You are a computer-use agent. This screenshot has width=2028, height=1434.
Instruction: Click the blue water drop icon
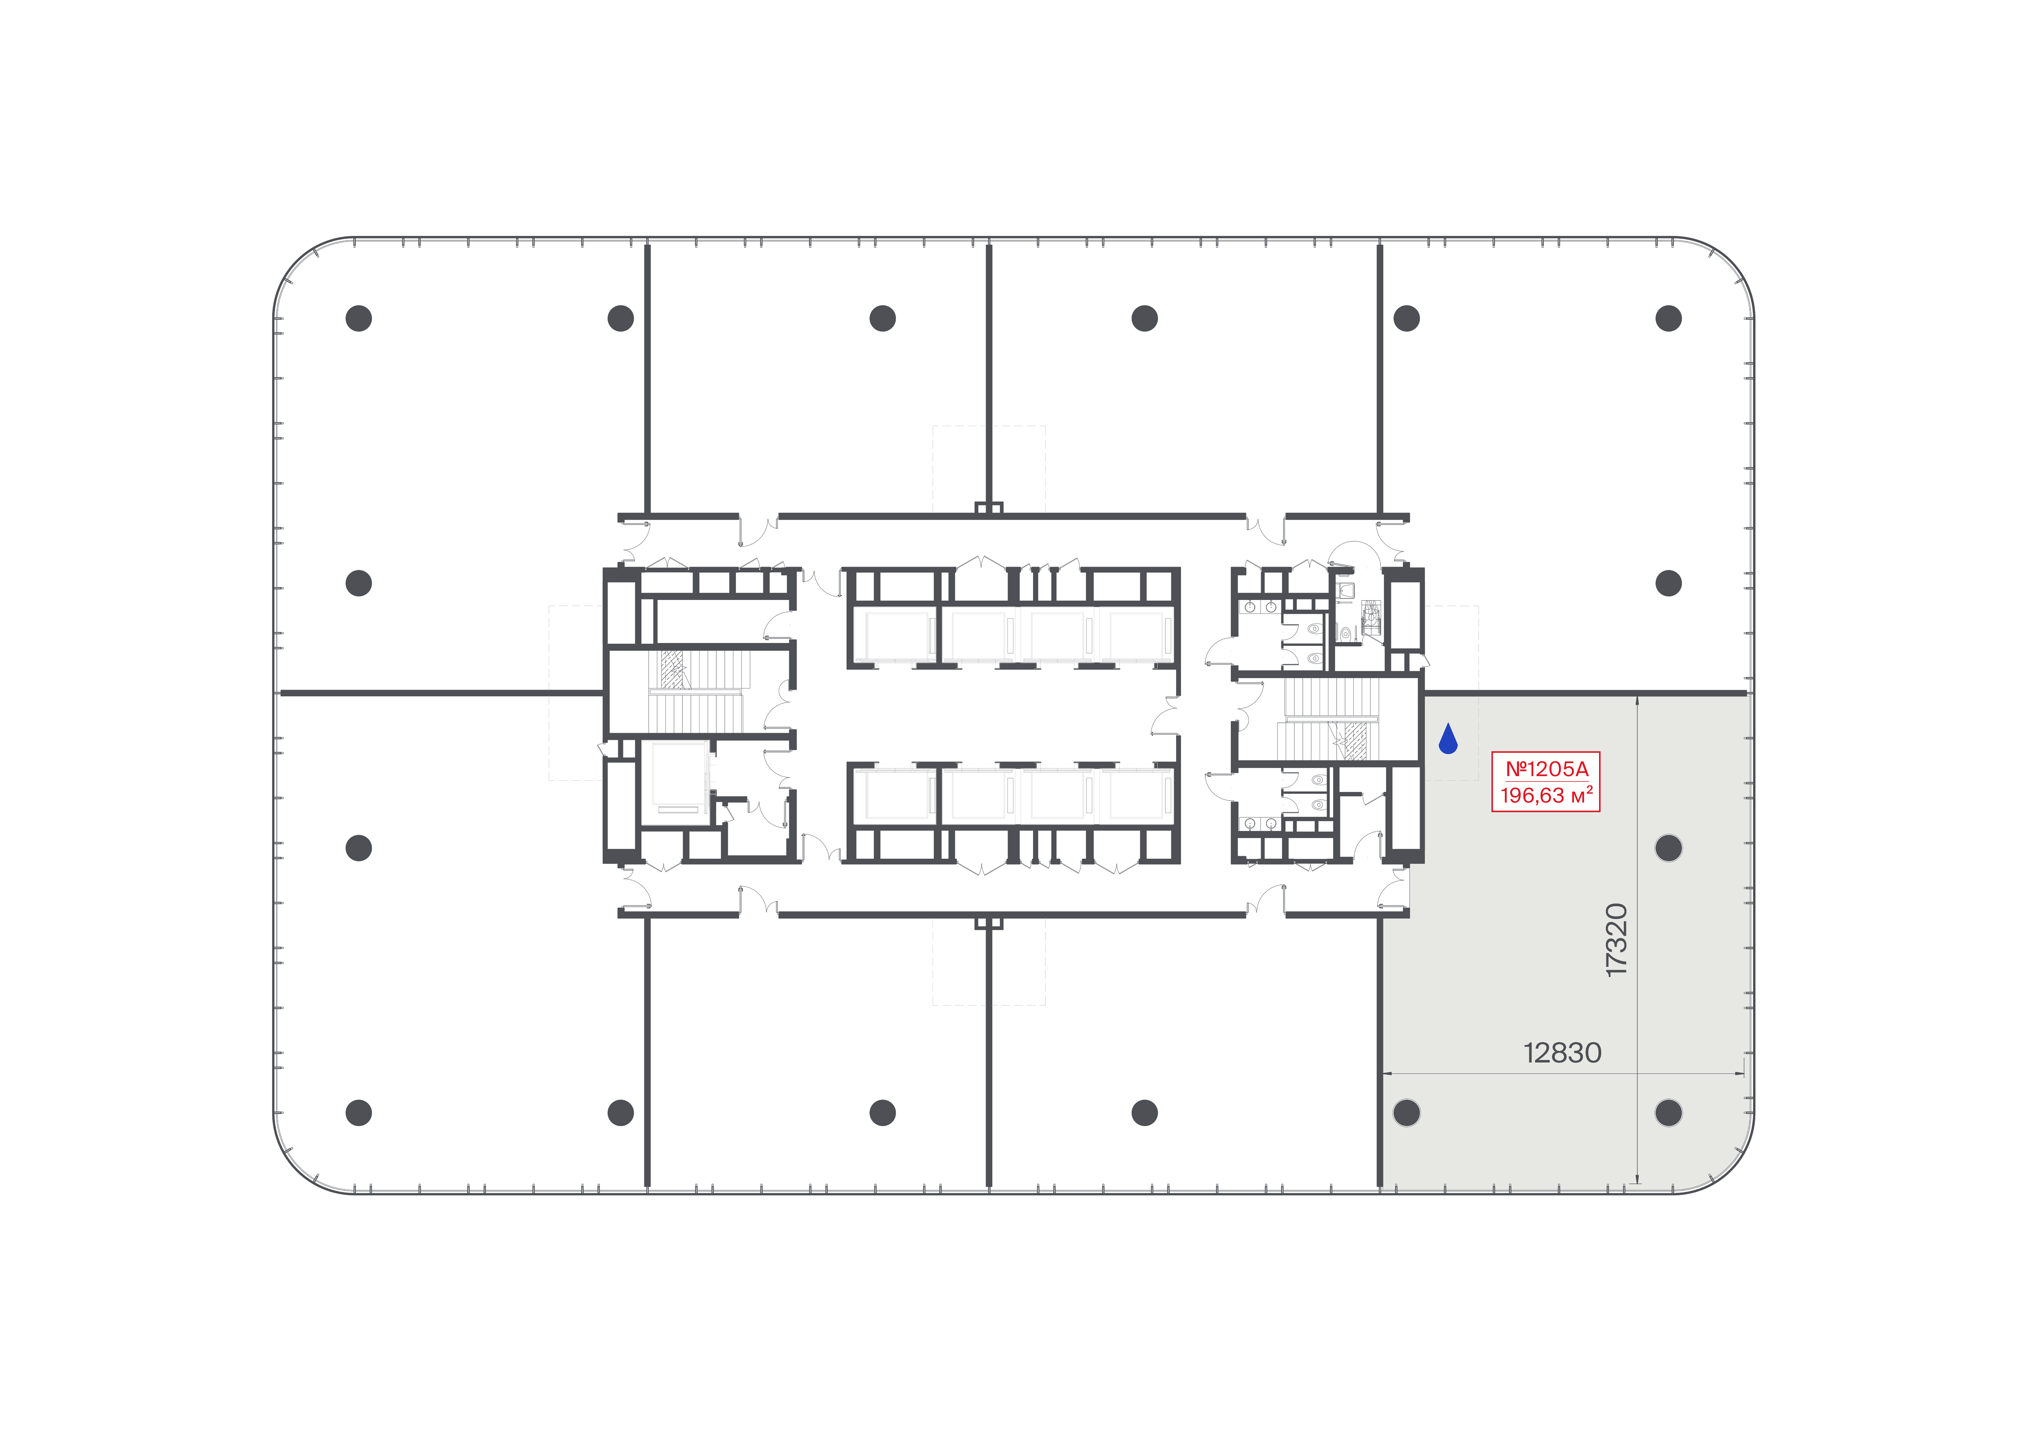[x=1448, y=739]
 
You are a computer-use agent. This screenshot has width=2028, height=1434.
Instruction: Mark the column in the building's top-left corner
[x=359, y=318]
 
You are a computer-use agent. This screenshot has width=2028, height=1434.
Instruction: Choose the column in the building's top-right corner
[x=1669, y=318]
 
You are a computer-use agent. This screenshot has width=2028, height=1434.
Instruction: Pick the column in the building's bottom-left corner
[x=359, y=1113]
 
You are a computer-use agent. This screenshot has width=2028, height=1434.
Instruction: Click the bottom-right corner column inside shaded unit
[x=1669, y=1113]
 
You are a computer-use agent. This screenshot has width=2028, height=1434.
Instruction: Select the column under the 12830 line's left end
[x=1406, y=1113]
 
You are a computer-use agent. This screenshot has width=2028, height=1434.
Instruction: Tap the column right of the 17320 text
[x=1669, y=848]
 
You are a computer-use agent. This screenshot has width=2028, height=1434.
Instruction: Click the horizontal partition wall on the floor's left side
[x=442, y=693]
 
